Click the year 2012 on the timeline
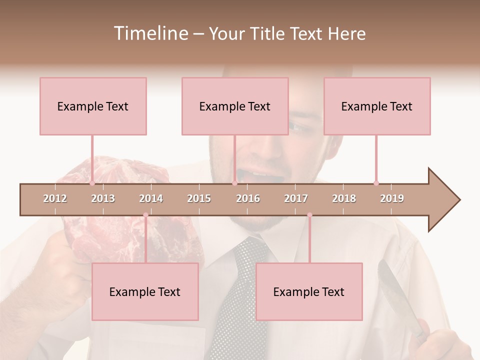(x=55, y=198)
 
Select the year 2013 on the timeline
(x=103, y=198)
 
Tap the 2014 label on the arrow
(x=151, y=198)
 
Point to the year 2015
(x=199, y=198)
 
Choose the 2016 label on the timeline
(x=248, y=198)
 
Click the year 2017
(x=296, y=198)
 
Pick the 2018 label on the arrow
(x=344, y=198)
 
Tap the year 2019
(x=392, y=198)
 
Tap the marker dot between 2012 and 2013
(x=92, y=183)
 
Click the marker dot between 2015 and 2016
(x=234, y=183)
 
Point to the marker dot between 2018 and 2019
(x=376, y=183)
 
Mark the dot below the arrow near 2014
(x=145, y=215)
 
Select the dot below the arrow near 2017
(x=309, y=215)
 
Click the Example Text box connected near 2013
(x=93, y=106)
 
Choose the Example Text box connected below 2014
(x=145, y=291)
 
